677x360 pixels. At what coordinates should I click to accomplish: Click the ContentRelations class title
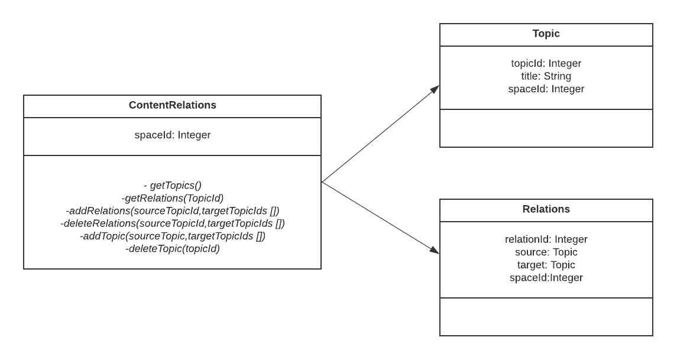point(172,106)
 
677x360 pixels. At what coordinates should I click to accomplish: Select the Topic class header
point(546,34)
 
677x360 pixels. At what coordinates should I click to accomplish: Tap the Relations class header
point(546,209)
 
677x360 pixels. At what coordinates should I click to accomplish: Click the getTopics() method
point(172,185)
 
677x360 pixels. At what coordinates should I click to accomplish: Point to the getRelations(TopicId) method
point(172,198)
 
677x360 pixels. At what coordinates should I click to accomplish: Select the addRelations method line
point(172,210)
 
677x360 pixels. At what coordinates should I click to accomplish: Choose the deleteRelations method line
point(172,223)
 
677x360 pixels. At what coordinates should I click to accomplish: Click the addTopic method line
point(172,236)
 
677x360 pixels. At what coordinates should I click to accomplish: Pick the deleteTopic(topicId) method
point(172,249)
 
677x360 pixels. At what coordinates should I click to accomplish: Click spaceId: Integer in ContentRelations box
point(172,135)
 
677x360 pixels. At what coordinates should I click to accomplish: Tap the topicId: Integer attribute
point(546,63)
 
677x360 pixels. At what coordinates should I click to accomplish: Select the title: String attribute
point(546,76)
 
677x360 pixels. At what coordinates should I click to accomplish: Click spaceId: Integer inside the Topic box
point(546,89)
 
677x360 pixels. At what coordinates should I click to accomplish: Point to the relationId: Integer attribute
point(546,239)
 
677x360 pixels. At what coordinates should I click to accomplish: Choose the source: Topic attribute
point(546,252)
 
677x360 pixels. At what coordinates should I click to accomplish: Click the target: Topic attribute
point(546,265)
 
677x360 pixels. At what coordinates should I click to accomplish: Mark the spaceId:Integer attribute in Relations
point(546,278)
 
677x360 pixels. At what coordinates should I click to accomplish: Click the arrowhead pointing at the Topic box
point(435,89)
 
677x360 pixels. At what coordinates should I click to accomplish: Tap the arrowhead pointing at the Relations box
point(435,251)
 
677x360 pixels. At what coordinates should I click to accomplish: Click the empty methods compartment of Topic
point(546,128)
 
